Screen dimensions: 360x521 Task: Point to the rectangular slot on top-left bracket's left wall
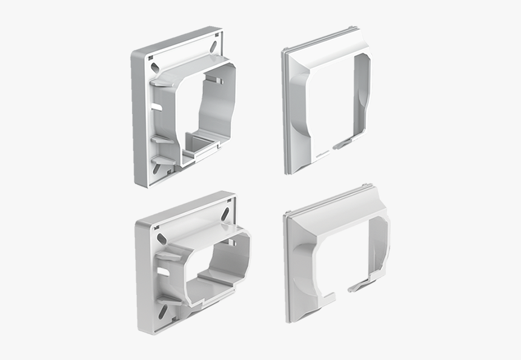(156, 107)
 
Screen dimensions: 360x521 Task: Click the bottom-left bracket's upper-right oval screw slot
(225, 214)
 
